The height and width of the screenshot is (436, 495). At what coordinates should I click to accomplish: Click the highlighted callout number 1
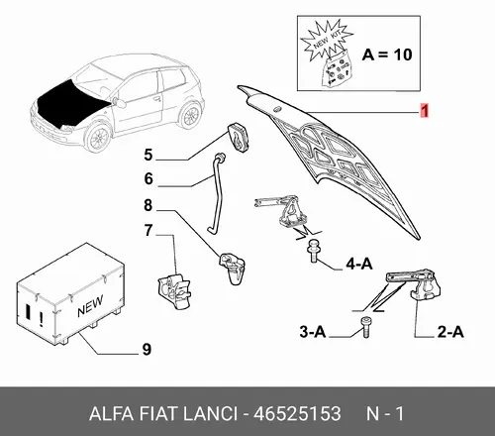pyautogui.click(x=425, y=110)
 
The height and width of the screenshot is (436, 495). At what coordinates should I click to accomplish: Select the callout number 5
pyautogui.click(x=148, y=155)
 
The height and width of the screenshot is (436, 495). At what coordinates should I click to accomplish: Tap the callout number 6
pyautogui.click(x=148, y=178)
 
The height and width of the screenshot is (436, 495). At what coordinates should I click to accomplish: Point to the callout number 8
pyautogui.click(x=148, y=205)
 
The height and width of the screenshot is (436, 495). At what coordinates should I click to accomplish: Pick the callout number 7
pyautogui.click(x=148, y=230)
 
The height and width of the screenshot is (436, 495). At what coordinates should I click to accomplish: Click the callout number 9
pyautogui.click(x=147, y=349)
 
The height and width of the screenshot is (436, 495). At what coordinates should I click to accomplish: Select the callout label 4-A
pyautogui.click(x=359, y=264)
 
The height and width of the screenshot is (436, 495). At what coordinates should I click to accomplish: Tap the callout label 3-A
pyautogui.click(x=313, y=331)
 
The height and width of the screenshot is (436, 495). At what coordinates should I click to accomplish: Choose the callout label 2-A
pyautogui.click(x=450, y=332)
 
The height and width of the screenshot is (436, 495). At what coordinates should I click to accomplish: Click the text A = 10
pyautogui.click(x=387, y=54)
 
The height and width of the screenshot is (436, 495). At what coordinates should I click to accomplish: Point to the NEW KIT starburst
pyautogui.click(x=326, y=42)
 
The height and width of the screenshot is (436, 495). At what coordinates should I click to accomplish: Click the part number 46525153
pyautogui.click(x=297, y=413)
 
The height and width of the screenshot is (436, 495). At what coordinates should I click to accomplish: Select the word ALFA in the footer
pyautogui.click(x=111, y=413)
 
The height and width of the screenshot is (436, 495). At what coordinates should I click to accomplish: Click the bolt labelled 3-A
pyautogui.click(x=365, y=327)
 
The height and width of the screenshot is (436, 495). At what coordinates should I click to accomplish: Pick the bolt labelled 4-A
pyautogui.click(x=313, y=251)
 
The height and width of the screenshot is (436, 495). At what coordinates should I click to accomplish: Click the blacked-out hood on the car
pyautogui.click(x=72, y=102)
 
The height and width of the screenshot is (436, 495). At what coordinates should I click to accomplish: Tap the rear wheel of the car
pyautogui.click(x=190, y=115)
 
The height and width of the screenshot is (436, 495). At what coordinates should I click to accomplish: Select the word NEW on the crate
pyautogui.click(x=90, y=306)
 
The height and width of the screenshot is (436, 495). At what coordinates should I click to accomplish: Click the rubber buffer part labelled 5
pyautogui.click(x=238, y=138)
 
